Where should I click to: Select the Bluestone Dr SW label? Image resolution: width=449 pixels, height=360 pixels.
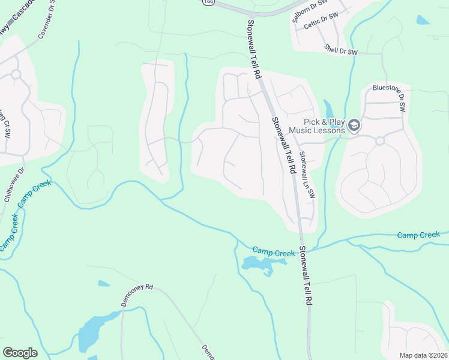point(390,97)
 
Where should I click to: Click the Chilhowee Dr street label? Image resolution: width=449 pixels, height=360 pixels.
point(13,187)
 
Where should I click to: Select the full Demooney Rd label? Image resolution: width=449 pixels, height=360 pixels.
point(137,295)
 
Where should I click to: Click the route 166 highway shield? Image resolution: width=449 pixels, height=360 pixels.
point(208,2)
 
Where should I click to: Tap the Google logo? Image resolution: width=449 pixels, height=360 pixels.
point(20,353)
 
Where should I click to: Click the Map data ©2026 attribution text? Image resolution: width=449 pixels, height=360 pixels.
point(423,355)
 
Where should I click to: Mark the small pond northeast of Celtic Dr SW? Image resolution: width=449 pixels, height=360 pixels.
point(423,20)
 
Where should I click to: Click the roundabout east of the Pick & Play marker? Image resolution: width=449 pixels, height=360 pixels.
point(379,140)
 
